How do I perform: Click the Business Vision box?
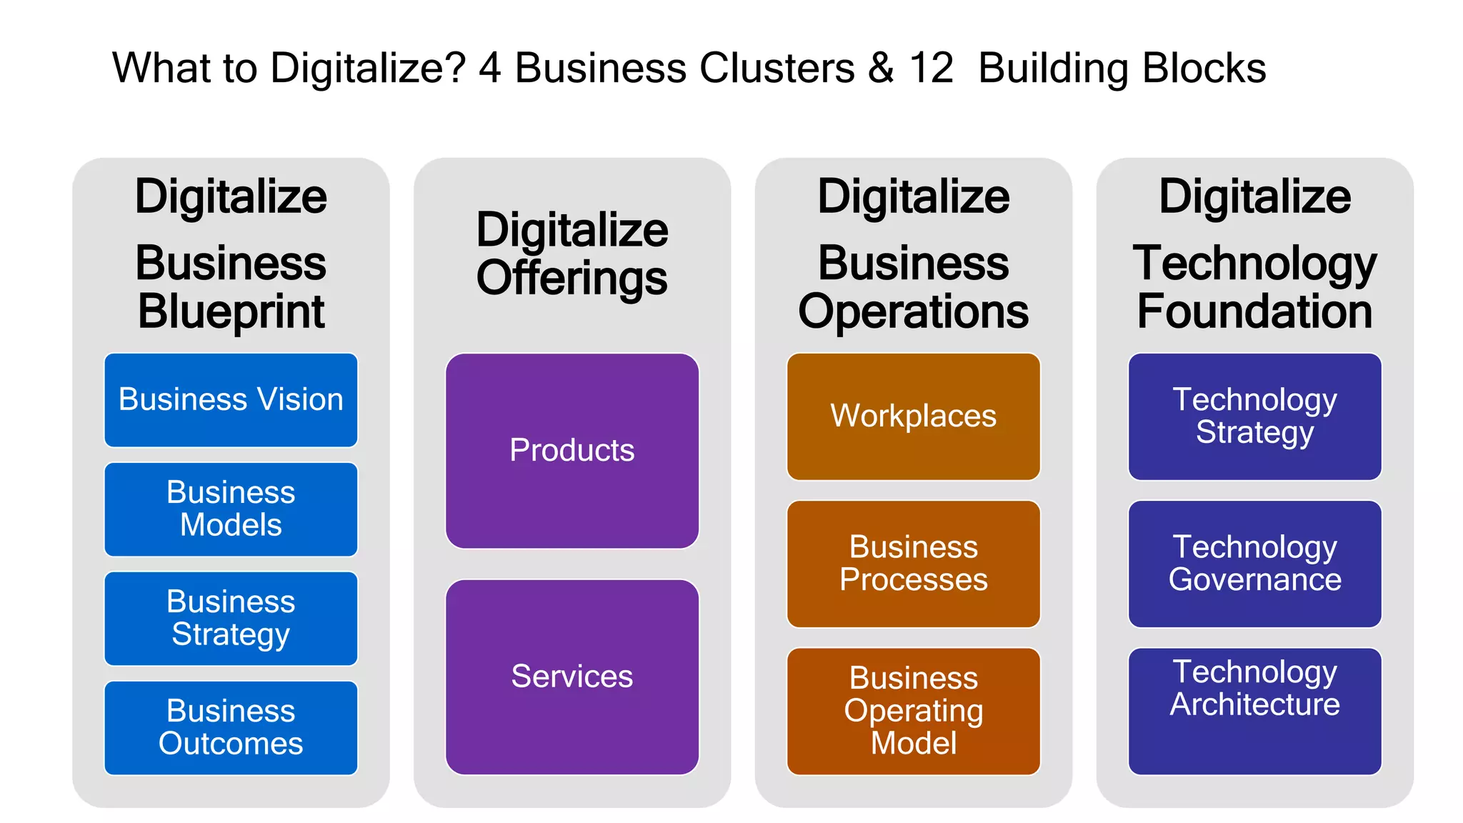231,400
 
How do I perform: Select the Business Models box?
231,509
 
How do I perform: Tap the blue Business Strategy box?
231,618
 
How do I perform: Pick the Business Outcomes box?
231,727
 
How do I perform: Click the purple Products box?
571,451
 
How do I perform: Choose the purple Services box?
571,677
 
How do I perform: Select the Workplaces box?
913,417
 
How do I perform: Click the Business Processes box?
913,564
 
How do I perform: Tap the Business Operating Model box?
913,711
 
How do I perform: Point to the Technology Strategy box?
1254,417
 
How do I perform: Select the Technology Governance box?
1254,564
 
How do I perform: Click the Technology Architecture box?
1254,711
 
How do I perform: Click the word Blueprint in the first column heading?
231,312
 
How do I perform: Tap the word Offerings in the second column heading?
571,279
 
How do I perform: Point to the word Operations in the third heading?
913,312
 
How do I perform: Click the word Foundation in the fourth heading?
1254,312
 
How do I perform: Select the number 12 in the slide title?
931,69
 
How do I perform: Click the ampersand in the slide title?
881,69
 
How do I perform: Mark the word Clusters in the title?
777,69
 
